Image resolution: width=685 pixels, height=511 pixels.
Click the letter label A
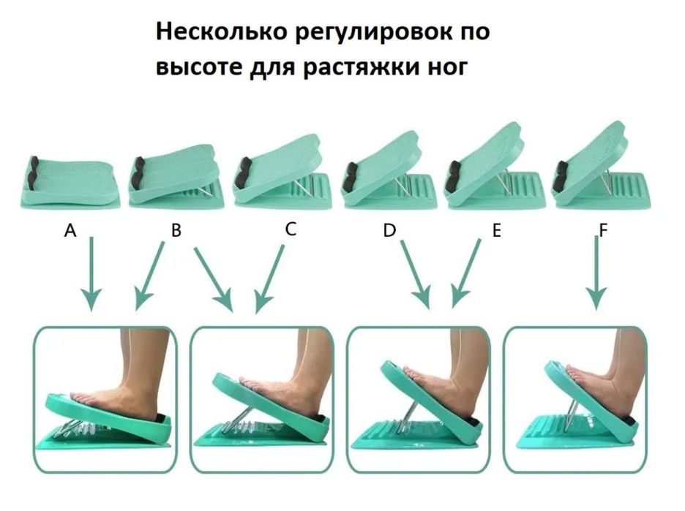pos(70,231)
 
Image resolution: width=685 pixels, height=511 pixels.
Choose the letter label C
pos(291,230)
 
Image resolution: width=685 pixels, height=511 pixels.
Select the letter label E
pos(497,231)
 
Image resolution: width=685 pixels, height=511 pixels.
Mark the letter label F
pos(603,231)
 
